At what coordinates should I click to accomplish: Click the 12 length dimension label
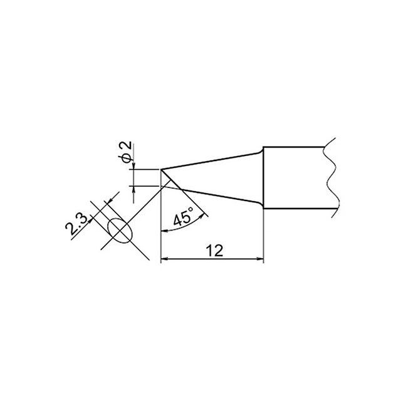(215, 251)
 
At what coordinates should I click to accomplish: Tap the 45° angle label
(184, 216)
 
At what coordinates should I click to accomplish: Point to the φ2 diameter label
(126, 152)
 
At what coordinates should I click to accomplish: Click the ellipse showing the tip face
(120, 231)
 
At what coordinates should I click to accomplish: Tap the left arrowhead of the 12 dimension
(164, 259)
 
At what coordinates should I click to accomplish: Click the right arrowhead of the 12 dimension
(260, 259)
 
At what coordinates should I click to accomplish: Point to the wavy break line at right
(331, 178)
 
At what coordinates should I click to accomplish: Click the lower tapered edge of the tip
(222, 197)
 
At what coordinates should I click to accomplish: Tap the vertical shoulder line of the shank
(263, 178)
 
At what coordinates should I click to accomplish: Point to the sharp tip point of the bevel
(161, 169)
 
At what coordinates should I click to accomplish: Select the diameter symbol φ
(126, 159)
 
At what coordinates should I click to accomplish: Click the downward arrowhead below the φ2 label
(133, 166)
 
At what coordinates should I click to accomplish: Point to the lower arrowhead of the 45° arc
(164, 231)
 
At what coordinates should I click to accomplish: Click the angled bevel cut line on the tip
(171, 180)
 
